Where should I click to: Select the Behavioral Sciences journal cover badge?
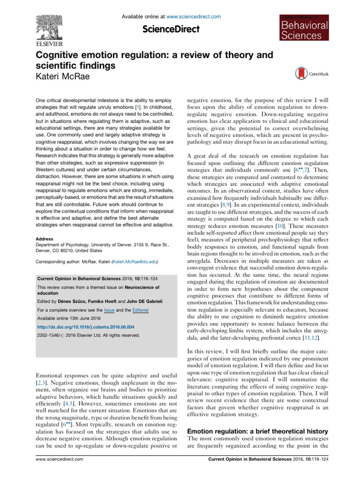pos(305,28)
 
